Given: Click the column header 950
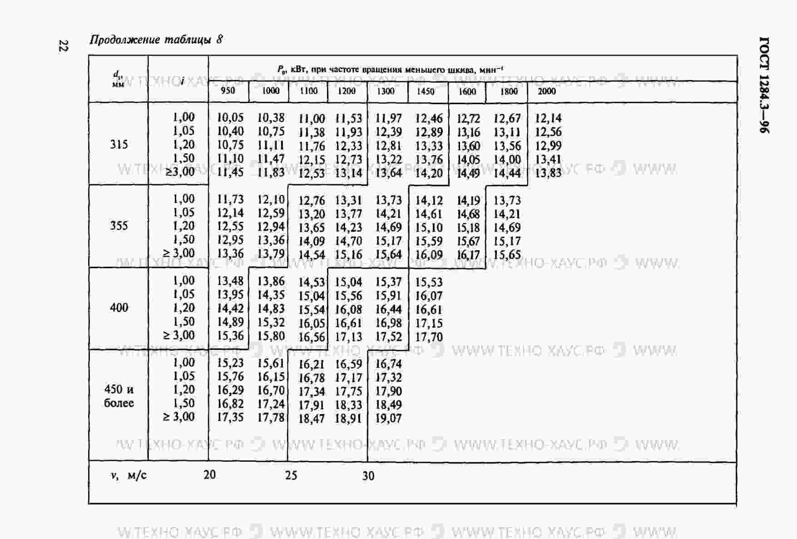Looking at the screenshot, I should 228,90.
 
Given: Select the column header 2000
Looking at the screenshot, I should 547,91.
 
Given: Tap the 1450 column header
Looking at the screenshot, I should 426,91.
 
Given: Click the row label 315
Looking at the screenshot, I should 119,145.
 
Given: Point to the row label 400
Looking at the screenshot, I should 119,308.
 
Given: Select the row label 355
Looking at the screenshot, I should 119,226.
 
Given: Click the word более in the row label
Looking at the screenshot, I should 119,403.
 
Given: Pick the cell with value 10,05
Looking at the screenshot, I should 230,118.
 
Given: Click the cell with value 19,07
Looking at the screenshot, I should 389,418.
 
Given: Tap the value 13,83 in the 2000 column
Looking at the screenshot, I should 548,173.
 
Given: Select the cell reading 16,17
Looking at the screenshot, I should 468,255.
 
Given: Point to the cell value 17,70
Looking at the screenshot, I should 429,337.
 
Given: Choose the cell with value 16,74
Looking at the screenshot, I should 389,364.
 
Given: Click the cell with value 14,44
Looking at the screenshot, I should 507,173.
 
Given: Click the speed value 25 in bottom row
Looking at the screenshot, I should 291,475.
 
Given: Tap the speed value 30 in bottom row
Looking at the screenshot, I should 368,476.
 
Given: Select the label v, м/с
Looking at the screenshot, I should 129,475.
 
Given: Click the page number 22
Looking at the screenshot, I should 63,45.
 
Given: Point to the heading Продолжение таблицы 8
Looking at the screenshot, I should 156,40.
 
